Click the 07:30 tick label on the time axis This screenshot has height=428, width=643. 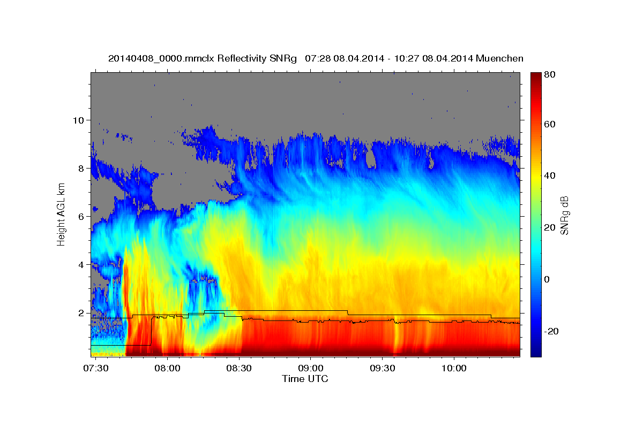(x=95, y=369)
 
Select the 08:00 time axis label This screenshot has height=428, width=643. (x=167, y=369)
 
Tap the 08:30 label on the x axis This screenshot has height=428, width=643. (x=238, y=369)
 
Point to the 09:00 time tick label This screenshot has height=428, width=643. (x=310, y=369)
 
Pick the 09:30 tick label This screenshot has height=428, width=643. (x=382, y=369)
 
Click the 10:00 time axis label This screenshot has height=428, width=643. (x=454, y=369)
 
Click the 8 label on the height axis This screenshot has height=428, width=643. (x=80, y=168)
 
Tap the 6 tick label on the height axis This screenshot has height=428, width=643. (x=80, y=216)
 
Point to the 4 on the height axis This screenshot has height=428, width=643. (x=80, y=264)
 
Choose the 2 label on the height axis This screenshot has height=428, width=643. (x=80, y=312)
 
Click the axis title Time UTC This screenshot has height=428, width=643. (x=305, y=379)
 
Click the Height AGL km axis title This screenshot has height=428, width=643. (x=61, y=214)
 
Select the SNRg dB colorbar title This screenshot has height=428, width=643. (x=564, y=215)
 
